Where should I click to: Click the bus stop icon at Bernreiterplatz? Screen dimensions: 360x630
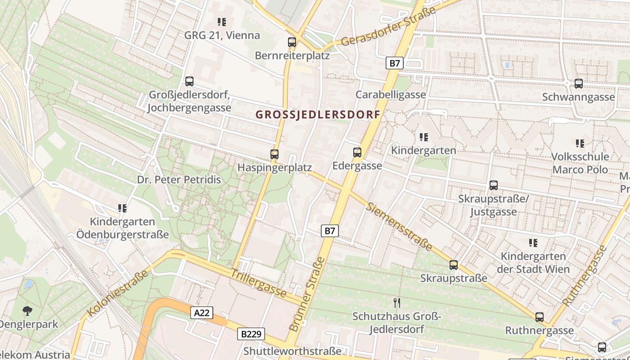[x=292, y=42]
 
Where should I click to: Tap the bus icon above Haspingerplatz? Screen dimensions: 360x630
[x=274, y=154]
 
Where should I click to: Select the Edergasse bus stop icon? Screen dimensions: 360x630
[x=357, y=152]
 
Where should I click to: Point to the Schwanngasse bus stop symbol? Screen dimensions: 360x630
[x=579, y=83]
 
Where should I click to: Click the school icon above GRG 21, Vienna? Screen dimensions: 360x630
[x=221, y=22]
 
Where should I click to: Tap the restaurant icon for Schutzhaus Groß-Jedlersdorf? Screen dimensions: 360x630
[x=396, y=302]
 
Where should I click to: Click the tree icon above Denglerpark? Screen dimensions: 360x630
[x=27, y=310]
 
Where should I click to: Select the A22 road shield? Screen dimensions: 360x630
[x=201, y=313]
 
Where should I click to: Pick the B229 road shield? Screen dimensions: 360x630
[x=251, y=334]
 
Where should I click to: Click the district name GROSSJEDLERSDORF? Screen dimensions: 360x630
[x=318, y=114]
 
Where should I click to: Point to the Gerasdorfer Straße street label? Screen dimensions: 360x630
[x=389, y=27]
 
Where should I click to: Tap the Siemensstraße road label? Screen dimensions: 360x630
[x=399, y=227]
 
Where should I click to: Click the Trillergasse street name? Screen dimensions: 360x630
[x=259, y=283]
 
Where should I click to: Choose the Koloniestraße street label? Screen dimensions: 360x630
[x=118, y=293]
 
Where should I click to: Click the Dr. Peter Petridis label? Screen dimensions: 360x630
[x=179, y=180]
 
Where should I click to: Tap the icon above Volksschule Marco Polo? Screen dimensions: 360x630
[x=580, y=144]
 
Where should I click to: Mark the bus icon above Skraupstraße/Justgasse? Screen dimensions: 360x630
[x=494, y=185]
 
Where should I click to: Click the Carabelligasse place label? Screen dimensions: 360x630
[x=391, y=94]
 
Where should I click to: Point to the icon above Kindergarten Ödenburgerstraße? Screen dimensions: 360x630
[x=122, y=208]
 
